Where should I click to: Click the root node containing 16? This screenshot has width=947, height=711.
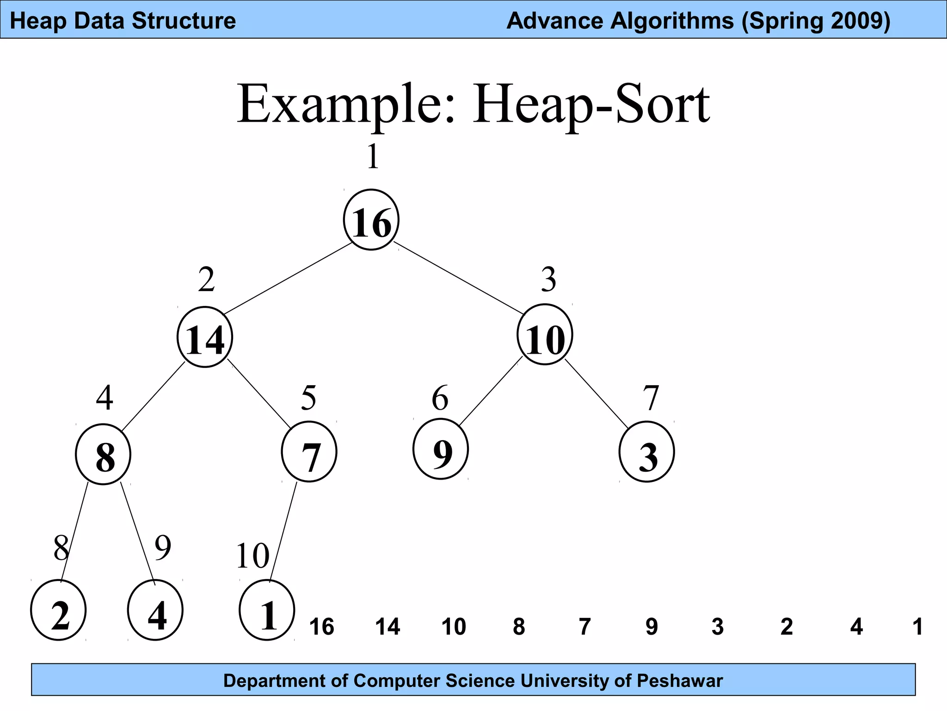pyautogui.click(x=371, y=220)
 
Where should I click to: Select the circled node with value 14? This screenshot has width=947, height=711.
pyautogui.click(x=205, y=337)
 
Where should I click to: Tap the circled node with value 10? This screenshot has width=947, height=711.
pyautogui.click(x=545, y=335)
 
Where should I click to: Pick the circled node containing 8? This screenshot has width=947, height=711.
pyautogui.click(x=104, y=454)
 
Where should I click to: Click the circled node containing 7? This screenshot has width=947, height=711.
pyautogui.click(x=309, y=452)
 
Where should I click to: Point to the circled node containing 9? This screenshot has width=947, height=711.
pyautogui.click(x=441, y=449)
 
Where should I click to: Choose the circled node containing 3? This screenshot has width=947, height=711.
pyautogui.click(x=647, y=452)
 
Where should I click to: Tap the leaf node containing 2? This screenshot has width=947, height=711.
pyautogui.click(x=59, y=611)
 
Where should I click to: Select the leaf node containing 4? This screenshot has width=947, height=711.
pyautogui.click(x=155, y=611)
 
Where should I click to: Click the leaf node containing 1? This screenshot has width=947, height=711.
pyautogui.click(x=267, y=611)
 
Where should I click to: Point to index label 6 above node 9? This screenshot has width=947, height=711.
pyautogui.click(x=440, y=398)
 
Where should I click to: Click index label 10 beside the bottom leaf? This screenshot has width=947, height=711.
pyautogui.click(x=252, y=555)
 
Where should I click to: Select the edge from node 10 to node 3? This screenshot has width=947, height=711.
pyautogui.click(x=596, y=393)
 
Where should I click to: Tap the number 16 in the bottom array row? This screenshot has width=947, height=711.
pyautogui.click(x=321, y=627)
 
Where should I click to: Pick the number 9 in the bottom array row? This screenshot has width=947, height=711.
pyautogui.click(x=651, y=627)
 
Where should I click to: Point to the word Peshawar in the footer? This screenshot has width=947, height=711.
pyautogui.click(x=680, y=681)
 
